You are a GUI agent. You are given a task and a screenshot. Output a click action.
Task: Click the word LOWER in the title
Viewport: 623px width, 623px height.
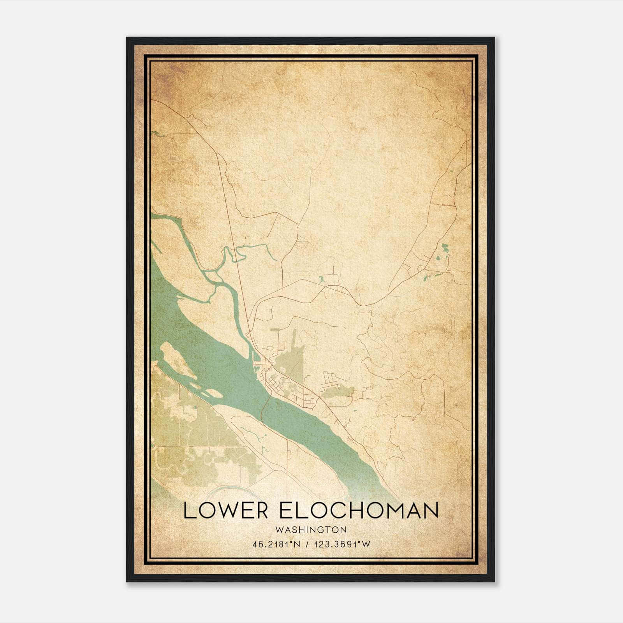pyautogui.click(x=226, y=510)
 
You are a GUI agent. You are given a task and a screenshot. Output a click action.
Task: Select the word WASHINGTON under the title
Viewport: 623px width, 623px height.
pyautogui.click(x=311, y=530)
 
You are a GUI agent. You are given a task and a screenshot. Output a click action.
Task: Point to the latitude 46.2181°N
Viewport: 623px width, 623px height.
pyautogui.click(x=276, y=544)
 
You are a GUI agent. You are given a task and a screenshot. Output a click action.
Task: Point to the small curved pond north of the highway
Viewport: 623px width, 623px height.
pyautogui.click(x=321, y=279)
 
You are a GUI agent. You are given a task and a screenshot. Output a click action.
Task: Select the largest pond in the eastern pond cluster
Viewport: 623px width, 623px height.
pyautogui.click(x=445, y=247)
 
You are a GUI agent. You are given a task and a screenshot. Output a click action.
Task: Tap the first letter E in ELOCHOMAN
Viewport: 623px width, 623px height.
pyautogui.click(x=285, y=510)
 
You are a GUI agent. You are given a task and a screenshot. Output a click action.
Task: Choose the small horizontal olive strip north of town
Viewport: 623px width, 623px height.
pyautogui.click(x=276, y=329)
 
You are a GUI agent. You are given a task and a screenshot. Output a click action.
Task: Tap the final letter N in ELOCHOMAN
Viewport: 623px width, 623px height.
pyautogui.click(x=430, y=510)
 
